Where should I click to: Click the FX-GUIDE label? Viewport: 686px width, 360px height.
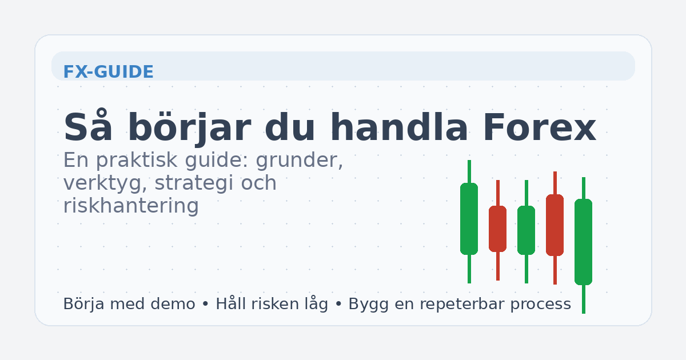(108, 73)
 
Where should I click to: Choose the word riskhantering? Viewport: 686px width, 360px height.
(131, 206)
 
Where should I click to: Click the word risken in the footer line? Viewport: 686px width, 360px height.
(276, 304)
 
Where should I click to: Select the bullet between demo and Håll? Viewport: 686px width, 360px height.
(205, 305)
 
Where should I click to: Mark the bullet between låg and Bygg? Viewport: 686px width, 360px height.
(338, 305)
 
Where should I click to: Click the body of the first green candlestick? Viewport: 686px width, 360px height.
(469, 218)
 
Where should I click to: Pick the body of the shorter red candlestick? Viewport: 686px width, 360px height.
(497, 229)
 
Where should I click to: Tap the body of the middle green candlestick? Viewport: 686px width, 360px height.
(526, 230)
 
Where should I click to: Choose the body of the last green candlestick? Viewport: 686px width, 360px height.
(583, 241)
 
